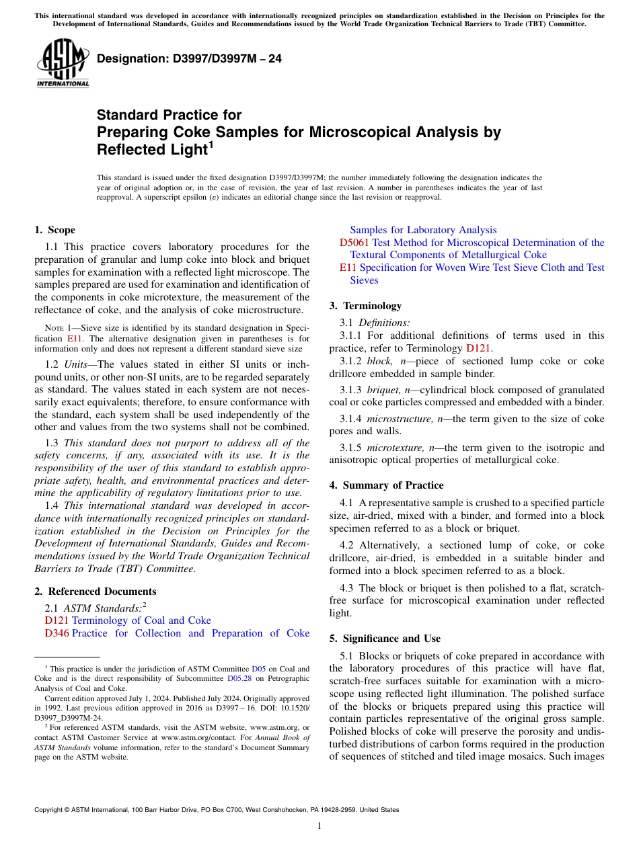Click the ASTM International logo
[63, 64]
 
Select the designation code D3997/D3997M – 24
[189, 59]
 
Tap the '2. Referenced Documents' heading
[96, 592]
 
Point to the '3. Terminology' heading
[365, 306]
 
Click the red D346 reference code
[57, 633]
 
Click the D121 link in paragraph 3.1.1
[479, 348]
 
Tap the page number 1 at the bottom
[319, 826]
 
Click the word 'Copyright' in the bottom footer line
[49, 810]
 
